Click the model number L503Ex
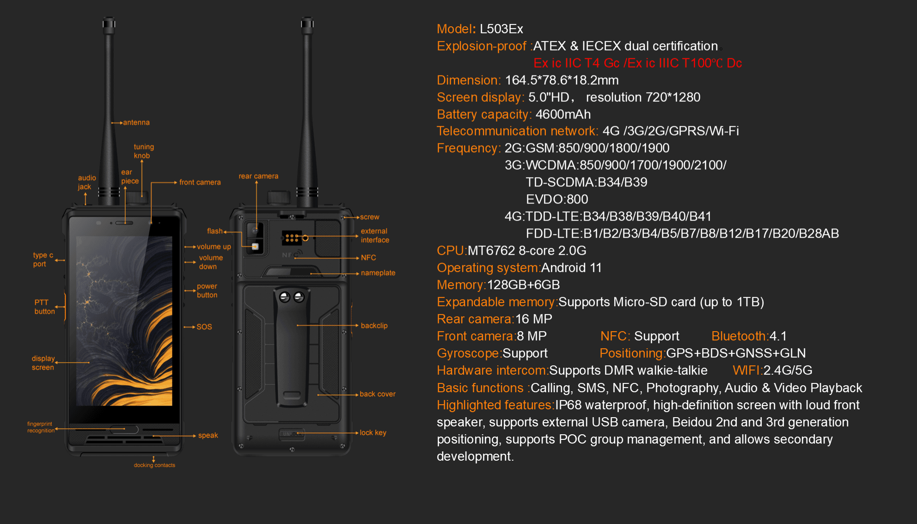point(501,29)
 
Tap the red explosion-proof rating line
point(638,63)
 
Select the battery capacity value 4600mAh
point(563,114)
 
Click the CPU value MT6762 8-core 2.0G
point(527,251)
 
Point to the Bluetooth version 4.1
point(778,336)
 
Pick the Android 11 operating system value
point(571,268)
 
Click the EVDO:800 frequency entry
point(557,199)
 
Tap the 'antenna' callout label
point(136,123)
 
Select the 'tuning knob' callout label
point(144,151)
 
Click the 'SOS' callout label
point(204,327)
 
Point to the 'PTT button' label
point(44,307)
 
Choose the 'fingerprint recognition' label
point(41,427)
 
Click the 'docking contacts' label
point(154,465)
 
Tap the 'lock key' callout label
point(373,433)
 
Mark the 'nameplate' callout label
point(378,273)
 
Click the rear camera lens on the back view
point(255,230)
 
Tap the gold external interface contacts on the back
point(292,238)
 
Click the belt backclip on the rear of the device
point(292,347)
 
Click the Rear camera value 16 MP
point(534,319)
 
